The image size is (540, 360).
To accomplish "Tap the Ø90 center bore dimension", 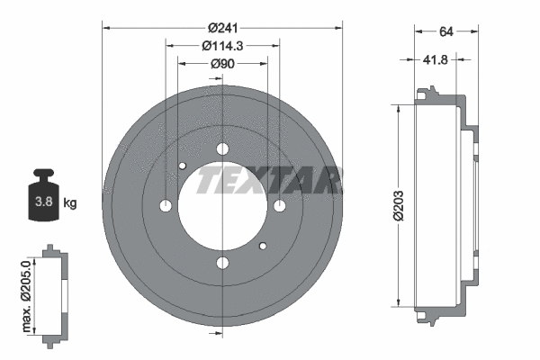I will click(x=222, y=64).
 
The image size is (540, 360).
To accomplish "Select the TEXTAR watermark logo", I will click(x=270, y=180).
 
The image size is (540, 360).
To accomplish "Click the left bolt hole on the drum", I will click(x=166, y=206).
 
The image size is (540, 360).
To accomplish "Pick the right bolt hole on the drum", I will click(x=280, y=206).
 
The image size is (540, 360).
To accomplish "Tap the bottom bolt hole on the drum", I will click(x=222, y=263).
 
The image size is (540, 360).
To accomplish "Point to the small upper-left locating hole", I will click(x=183, y=166).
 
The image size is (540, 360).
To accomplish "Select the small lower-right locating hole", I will click(x=263, y=246).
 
